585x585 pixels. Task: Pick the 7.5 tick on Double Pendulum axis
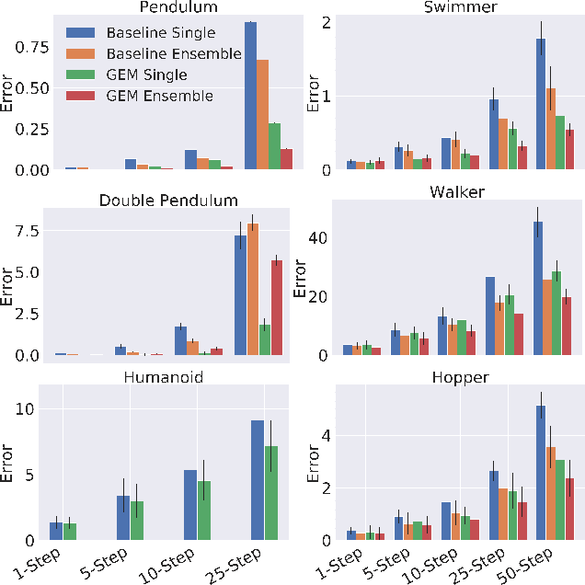tap(29, 231)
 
